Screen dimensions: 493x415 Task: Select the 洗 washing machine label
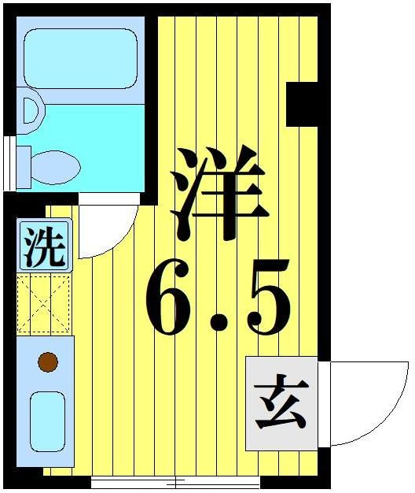44,246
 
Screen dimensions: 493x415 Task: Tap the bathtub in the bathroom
80,59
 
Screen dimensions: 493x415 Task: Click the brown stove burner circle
48,362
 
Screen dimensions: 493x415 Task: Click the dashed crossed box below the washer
45,303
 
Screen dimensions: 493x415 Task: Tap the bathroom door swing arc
110,232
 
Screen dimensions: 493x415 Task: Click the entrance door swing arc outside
369,402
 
